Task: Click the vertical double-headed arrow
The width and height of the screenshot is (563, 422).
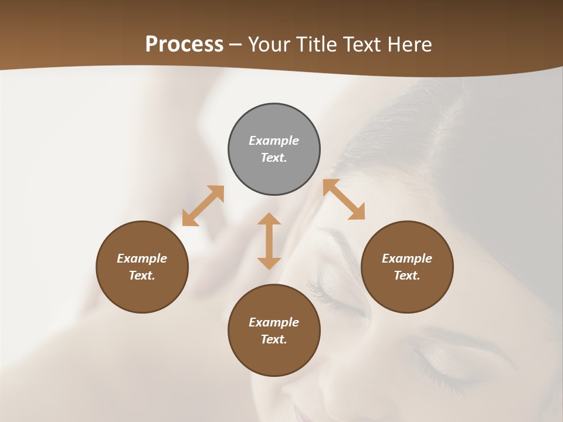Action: point(269,241)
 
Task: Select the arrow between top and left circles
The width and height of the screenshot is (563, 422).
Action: point(203,206)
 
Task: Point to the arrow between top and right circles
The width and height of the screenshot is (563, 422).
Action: point(344,199)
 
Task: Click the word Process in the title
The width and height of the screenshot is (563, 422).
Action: point(184,45)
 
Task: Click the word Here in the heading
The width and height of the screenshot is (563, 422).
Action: point(410,45)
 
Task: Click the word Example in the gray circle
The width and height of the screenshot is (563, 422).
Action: point(274,141)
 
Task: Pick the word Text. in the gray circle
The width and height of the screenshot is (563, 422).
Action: point(274,158)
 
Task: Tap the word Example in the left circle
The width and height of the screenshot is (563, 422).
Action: point(142,258)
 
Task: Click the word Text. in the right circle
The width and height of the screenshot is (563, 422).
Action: point(407,275)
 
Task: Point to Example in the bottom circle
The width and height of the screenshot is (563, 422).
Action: point(274,322)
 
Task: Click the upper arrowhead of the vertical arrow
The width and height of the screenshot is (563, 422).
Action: point(269,219)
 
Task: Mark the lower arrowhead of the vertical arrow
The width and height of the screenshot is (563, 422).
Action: point(269,263)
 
